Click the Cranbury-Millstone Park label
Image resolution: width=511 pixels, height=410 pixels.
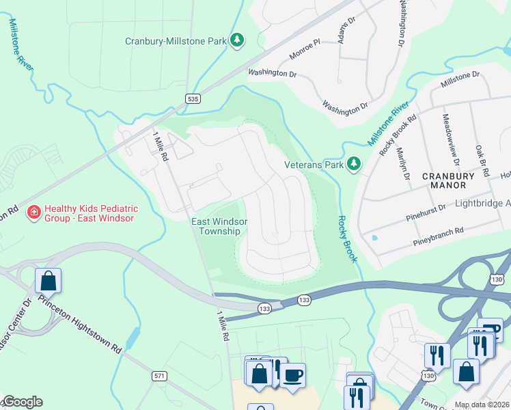tap(175, 41)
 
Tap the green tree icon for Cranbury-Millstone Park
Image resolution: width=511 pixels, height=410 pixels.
tap(237, 41)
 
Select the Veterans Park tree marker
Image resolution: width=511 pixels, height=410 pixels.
tap(354, 164)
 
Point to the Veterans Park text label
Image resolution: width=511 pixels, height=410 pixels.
tap(314, 165)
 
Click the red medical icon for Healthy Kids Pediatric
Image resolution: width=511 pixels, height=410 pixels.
tap(32, 213)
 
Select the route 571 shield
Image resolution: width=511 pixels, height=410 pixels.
tap(160, 376)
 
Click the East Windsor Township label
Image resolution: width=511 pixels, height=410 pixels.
tap(219, 226)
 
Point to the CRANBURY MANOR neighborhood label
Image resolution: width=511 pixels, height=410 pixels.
tap(444, 180)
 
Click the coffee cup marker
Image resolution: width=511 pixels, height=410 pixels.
tap(292, 375)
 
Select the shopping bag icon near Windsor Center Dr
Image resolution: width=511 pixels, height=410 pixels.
tap(48, 280)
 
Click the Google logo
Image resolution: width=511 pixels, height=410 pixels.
tap(22, 402)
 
